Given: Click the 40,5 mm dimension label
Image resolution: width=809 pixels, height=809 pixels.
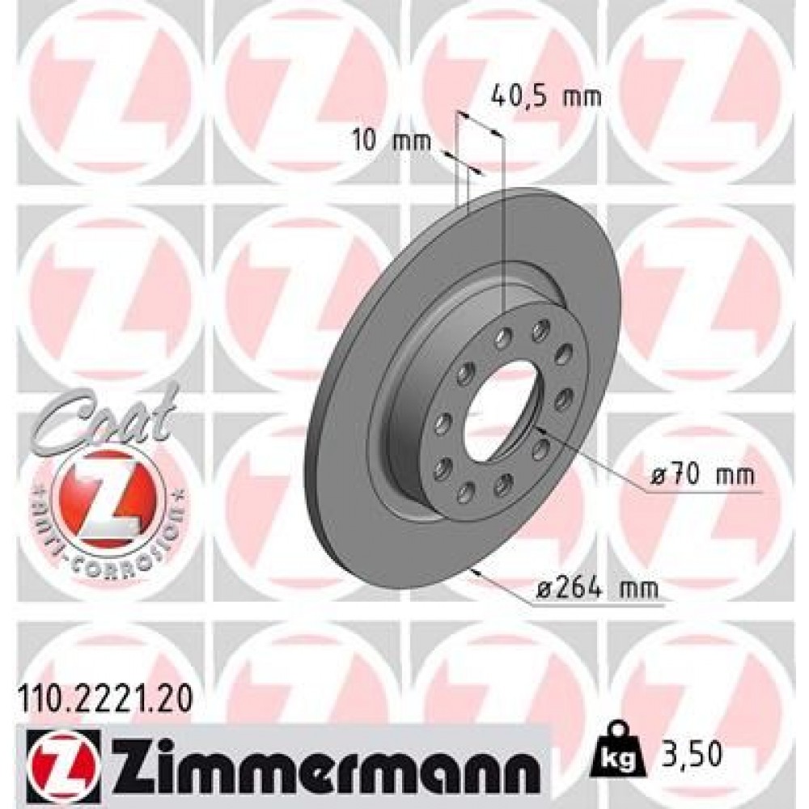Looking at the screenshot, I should (548, 99).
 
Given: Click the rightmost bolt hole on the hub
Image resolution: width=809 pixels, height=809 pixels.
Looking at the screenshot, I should (565, 396).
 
